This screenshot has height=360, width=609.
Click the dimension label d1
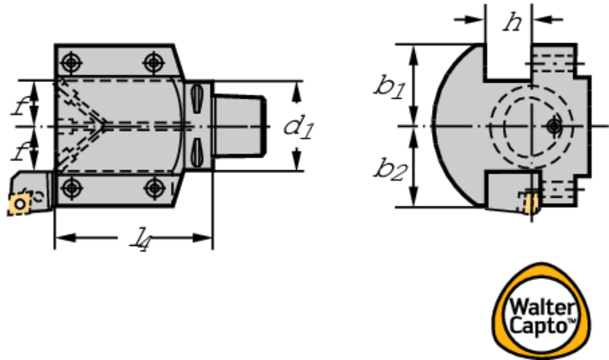(x=298, y=126)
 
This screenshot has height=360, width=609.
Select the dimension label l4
(x=139, y=239)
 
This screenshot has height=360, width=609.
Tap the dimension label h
(x=511, y=23)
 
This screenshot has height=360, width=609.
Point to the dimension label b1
(x=390, y=87)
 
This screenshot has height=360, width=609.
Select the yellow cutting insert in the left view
(x=20, y=204)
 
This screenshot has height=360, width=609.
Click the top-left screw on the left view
(x=71, y=61)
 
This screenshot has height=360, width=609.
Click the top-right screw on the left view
(x=153, y=61)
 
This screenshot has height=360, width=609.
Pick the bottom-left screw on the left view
(x=71, y=188)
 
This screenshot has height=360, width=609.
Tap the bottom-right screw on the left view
(x=155, y=188)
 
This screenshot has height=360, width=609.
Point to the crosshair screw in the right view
(x=554, y=126)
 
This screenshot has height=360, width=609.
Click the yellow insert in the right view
(x=530, y=203)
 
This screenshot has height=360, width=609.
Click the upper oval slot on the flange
(x=197, y=97)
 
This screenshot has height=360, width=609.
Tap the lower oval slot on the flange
(x=197, y=154)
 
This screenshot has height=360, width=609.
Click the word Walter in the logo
(x=541, y=308)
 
